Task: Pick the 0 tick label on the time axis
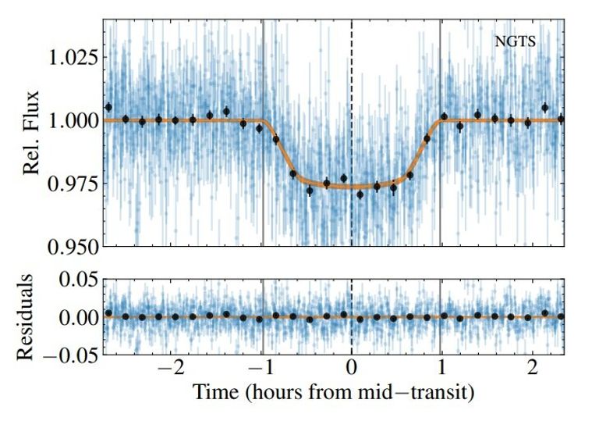352,370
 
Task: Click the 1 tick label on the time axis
441,370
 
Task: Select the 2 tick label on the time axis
532,370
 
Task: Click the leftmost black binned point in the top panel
108,107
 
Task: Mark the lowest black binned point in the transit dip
360,194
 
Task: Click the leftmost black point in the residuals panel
108,313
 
